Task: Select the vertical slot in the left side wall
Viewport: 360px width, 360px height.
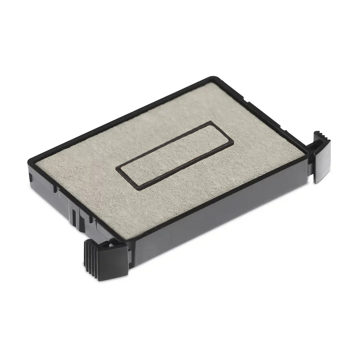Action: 74,216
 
